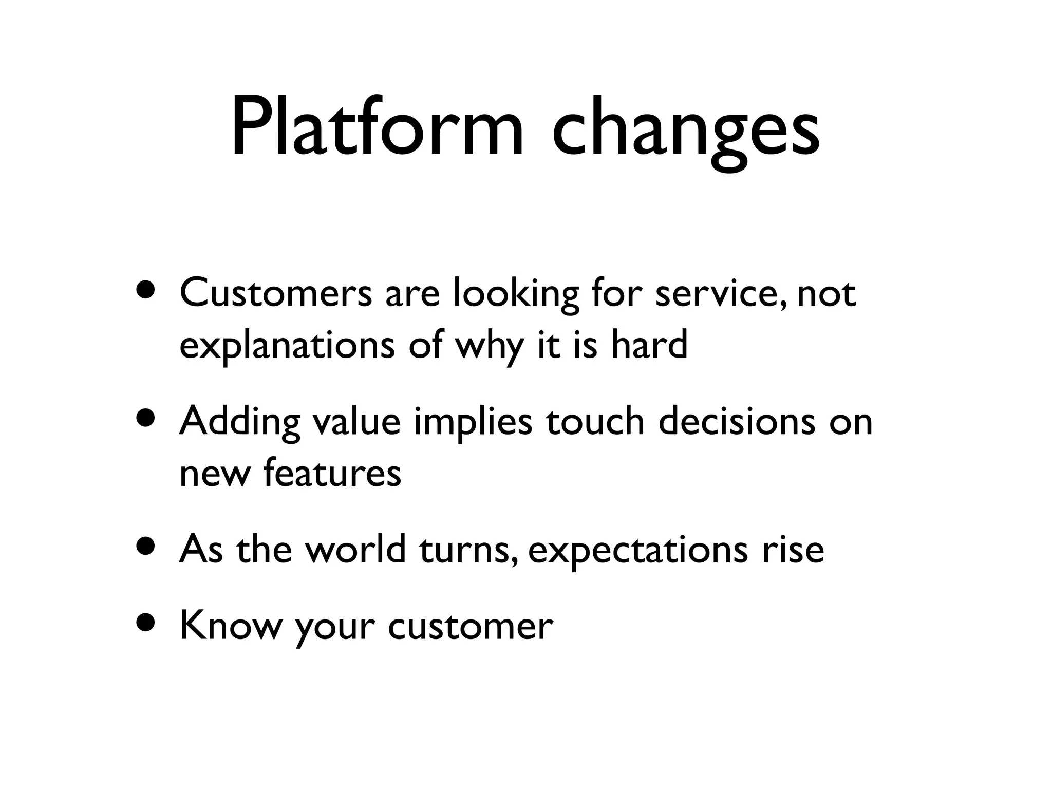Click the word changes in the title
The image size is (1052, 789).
coord(685,128)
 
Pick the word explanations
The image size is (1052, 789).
coord(287,346)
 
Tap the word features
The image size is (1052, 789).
coord(332,473)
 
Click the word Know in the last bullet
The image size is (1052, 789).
coord(231,626)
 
